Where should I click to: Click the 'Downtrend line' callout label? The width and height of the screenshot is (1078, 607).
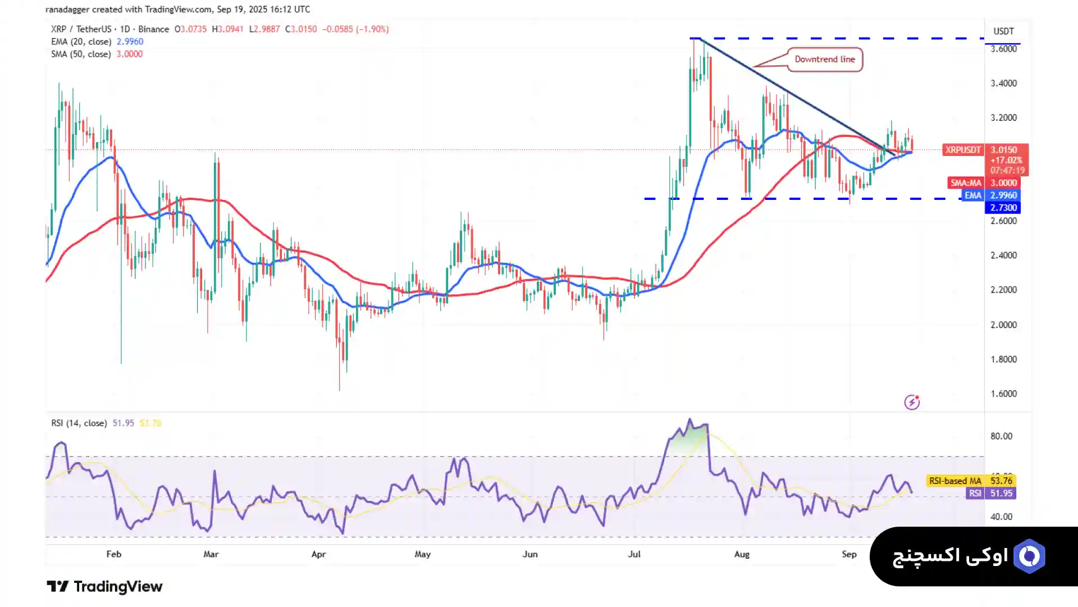[824, 60]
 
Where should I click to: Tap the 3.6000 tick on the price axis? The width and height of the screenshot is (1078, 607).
[1003, 49]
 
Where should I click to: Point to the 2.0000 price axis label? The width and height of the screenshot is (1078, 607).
[1003, 325]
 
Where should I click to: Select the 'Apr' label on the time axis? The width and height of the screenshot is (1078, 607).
[318, 554]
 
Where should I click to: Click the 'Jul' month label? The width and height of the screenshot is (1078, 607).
[634, 554]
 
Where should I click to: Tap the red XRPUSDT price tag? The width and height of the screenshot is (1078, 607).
[962, 150]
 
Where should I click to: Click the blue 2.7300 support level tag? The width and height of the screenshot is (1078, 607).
[1003, 208]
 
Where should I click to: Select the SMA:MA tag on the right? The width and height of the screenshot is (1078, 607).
[966, 183]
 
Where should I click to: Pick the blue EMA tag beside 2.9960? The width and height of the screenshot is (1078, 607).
[972, 195]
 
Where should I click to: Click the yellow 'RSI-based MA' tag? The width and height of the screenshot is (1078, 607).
[954, 481]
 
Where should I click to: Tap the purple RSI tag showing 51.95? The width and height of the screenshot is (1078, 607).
[975, 494]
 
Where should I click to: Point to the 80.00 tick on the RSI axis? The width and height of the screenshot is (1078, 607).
[1001, 436]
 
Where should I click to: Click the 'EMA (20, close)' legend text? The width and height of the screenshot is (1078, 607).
[81, 42]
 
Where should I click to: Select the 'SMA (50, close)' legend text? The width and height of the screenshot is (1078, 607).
[81, 54]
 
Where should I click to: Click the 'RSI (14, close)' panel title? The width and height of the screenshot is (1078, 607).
[79, 423]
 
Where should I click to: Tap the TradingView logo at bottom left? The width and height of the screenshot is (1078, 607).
[104, 587]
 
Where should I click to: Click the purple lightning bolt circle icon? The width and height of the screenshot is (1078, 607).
[912, 402]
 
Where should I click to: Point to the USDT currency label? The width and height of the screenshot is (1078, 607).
[1003, 31]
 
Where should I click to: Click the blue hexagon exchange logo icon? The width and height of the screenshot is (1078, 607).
[1029, 556]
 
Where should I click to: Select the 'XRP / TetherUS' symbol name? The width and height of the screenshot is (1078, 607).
[81, 29]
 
